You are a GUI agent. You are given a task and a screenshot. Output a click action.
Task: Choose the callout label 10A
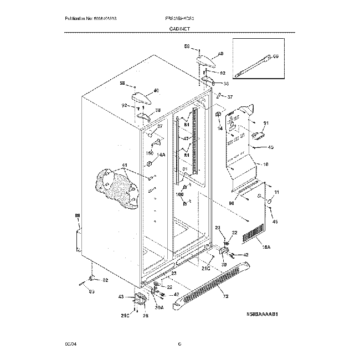(x=266, y=247)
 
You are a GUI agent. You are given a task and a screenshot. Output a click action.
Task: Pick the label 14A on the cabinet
(x=161, y=155)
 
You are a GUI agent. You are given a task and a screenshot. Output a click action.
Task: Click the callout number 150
(x=149, y=153)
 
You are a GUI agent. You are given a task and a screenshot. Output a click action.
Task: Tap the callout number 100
(x=179, y=194)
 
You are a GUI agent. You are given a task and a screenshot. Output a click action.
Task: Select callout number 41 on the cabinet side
(x=125, y=165)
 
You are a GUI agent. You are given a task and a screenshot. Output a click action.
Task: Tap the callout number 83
(x=92, y=291)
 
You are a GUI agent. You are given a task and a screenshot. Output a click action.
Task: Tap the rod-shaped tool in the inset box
(x=255, y=65)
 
